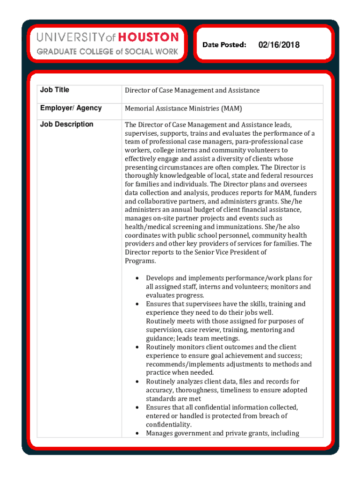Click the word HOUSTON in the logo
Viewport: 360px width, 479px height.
coord(148,37)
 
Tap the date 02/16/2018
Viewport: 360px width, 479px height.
coord(279,45)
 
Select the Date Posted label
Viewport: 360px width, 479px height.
coord(224,45)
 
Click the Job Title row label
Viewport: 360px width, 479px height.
coord(55,90)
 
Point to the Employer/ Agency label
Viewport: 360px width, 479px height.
coord(71,108)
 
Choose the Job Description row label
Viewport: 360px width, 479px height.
coord(67,124)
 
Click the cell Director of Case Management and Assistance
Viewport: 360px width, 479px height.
coord(192,90)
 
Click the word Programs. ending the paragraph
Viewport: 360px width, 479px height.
coord(140,261)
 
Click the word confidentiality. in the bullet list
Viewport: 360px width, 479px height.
coord(169,425)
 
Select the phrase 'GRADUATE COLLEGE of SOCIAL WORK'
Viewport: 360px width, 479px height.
coord(107,51)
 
